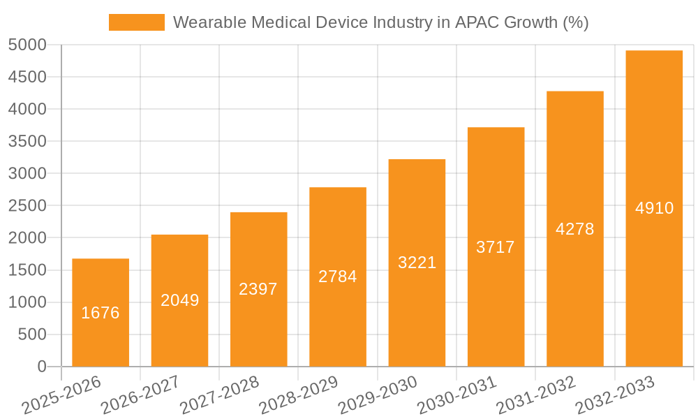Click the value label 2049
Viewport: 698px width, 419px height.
[x=179, y=300]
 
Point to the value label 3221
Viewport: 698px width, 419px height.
[x=417, y=263]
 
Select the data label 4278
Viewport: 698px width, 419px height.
[x=574, y=229]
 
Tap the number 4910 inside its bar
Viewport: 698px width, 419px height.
[x=654, y=208]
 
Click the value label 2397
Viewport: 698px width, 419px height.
[x=258, y=289]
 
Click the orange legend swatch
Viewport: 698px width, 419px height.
[x=137, y=22]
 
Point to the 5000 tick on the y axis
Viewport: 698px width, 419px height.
[x=27, y=45]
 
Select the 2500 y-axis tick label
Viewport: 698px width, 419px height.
[x=27, y=206]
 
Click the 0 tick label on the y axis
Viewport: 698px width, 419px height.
[x=41, y=367]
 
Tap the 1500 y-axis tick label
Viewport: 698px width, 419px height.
[x=27, y=270]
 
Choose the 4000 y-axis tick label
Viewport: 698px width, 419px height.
[x=27, y=110]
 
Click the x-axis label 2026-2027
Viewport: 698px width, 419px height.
[x=140, y=395]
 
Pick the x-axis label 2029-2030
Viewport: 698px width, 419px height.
[x=377, y=395]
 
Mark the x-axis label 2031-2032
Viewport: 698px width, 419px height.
[x=535, y=395]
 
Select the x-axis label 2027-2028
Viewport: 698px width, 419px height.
[x=219, y=395]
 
